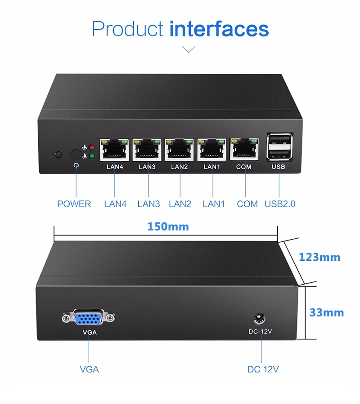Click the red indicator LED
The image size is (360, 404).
(x=92, y=147)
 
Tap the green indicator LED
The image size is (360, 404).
(x=92, y=156)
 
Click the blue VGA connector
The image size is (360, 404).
(x=89, y=319)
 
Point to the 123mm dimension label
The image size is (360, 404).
(x=319, y=257)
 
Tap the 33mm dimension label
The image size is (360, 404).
(x=326, y=312)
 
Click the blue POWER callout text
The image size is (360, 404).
(x=74, y=204)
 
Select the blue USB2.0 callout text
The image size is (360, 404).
(x=280, y=204)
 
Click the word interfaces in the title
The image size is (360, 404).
(x=219, y=29)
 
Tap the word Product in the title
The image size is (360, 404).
(x=127, y=29)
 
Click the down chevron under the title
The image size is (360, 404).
(x=189, y=49)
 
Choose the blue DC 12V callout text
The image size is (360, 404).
(x=263, y=369)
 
